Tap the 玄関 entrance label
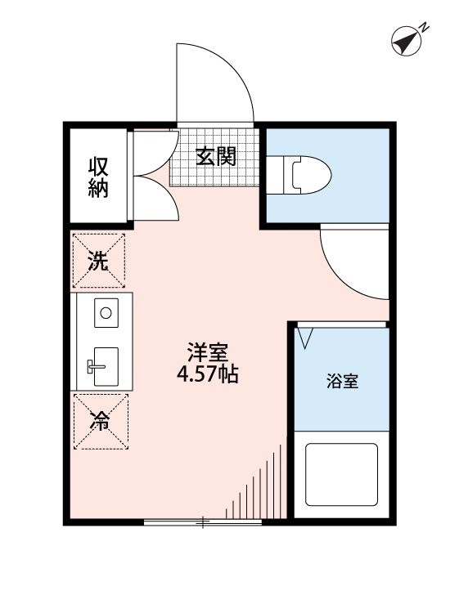pos(215,155)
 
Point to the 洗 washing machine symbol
pos(99,262)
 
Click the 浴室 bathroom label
pos(342,381)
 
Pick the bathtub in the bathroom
pos(341,474)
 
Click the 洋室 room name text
pos(207,353)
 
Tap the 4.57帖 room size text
pos(207,376)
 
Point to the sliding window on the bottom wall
pos(202,521)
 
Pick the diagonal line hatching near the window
pos(263,486)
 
